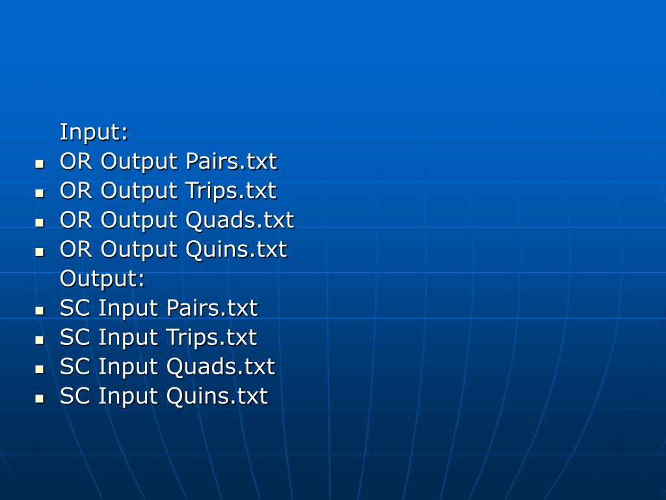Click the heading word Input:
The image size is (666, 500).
(94, 132)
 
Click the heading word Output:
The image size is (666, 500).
(102, 279)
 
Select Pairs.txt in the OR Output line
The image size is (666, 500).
(231, 161)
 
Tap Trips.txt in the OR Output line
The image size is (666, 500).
(230, 191)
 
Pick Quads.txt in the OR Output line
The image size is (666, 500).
(239, 220)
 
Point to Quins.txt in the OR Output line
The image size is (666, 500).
(236, 249)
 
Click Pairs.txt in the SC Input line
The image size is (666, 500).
(212, 308)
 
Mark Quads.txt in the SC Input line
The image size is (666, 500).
(220, 367)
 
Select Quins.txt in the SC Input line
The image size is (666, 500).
(217, 396)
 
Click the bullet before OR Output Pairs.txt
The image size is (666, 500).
(40, 163)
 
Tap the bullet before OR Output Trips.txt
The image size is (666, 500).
(40, 193)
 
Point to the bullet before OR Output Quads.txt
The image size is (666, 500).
(40, 222)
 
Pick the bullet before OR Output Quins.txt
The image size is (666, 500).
(40, 251)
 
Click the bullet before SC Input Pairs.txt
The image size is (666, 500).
(40, 310)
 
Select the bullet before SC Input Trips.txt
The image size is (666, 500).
(40, 339)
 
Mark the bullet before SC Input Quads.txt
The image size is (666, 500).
(40, 368)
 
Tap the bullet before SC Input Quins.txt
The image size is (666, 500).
(40, 398)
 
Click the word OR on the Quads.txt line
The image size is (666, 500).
(76, 220)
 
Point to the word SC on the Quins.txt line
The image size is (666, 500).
(75, 396)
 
